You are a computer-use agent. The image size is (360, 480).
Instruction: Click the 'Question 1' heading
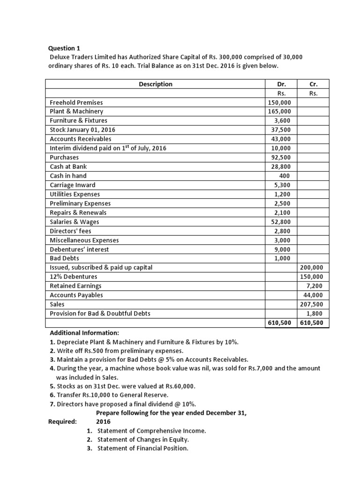(x=65, y=48)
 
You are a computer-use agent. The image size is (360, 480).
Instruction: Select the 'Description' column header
(x=156, y=84)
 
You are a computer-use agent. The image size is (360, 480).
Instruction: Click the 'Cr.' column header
(x=314, y=84)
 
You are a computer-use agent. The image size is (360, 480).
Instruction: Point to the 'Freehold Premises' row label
(x=76, y=102)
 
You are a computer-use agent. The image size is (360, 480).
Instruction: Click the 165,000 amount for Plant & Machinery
(x=279, y=112)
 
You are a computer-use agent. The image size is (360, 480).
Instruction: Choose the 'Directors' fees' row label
(x=71, y=231)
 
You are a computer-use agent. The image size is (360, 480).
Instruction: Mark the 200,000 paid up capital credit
(x=314, y=268)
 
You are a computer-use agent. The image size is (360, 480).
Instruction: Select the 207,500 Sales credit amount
(x=314, y=304)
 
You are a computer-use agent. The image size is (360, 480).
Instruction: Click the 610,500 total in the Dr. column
(x=279, y=323)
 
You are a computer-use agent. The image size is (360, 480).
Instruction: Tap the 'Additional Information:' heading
(x=85, y=332)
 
